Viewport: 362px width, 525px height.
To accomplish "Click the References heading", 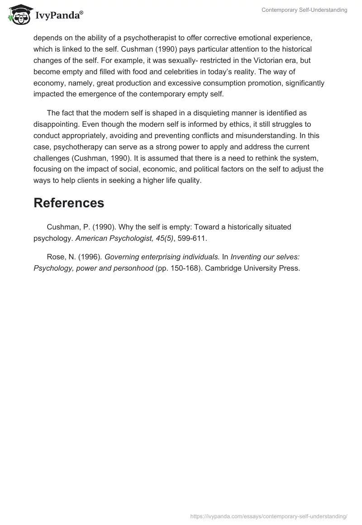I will [x=69, y=203].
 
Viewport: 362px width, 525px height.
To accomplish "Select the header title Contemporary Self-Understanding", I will [x=304, y=10].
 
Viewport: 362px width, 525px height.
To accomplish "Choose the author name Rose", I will [x=56, y=257].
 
